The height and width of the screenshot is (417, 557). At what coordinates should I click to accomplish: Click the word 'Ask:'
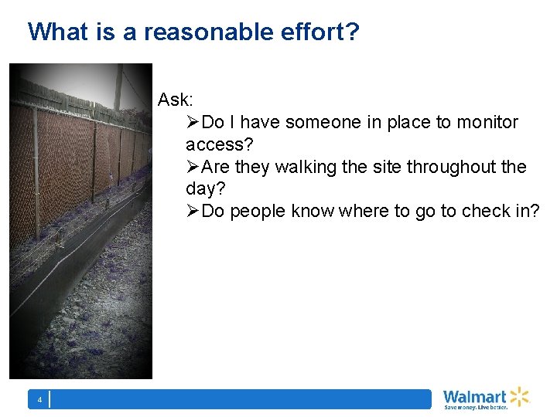tap(176, 100)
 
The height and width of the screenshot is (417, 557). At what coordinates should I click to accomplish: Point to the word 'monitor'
tap(488, 122)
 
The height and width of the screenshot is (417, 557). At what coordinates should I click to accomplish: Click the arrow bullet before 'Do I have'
tap(193, 122)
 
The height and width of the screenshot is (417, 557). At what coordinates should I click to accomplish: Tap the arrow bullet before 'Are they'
tap(193, 167)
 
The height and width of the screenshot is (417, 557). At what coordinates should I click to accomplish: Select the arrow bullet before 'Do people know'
tap(193, 212)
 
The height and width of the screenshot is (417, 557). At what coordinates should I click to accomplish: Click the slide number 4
tap(39, 400)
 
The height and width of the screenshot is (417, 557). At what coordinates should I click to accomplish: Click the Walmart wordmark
tap(474, 396)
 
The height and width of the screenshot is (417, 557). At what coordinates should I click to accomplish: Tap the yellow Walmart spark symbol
tap(518, 396)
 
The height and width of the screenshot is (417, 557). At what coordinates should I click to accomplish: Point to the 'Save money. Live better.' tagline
tap(475, 407)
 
